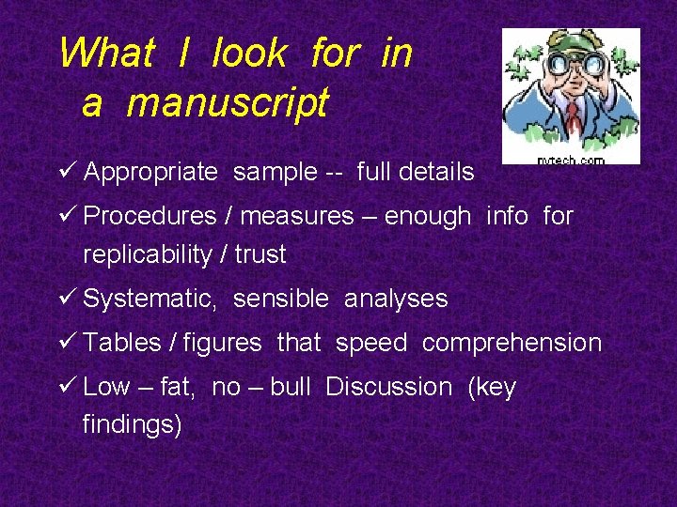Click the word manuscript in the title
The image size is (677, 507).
[228, 102]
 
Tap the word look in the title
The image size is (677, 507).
[249, 53]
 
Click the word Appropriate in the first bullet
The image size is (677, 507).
[150, 172]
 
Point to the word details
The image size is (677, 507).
[436, 172]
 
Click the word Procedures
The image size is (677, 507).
[150, 216]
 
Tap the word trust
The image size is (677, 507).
[259, 254]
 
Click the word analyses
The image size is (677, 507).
[396, 300]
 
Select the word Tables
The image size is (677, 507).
[122, 343]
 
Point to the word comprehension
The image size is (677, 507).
[512, 344]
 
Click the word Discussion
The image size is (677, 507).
[388, 387]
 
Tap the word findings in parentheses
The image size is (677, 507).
[132, 424]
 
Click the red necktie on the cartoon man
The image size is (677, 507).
[573, 116]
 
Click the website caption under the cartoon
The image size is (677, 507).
[571, 161]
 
